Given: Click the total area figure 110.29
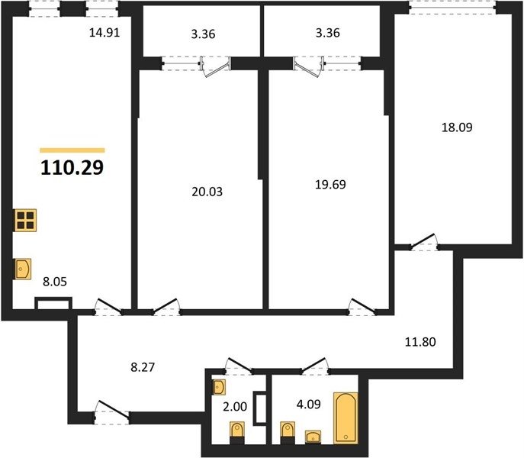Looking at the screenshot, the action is (72, 168).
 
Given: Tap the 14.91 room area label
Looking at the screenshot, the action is (104, 33).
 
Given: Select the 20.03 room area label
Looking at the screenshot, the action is (207, 192).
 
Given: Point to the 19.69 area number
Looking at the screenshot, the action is (330, 184).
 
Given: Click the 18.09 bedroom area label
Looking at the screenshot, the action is (457, 127).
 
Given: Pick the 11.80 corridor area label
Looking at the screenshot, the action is (420, 341).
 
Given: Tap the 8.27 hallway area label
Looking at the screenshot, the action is (143, 367).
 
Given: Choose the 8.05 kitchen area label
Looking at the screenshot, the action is (55, 282).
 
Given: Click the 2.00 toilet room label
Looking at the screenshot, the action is (235, 407).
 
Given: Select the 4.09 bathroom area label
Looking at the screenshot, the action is (308, 404).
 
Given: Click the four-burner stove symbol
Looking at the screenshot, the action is (25, 220).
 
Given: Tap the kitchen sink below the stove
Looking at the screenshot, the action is (23, 269).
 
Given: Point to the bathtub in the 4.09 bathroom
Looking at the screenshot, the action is (346, 418).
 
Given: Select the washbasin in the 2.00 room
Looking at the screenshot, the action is (219, 387).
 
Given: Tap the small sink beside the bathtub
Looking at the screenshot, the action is (313, 437).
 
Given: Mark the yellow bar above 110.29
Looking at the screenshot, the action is (72, 150).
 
